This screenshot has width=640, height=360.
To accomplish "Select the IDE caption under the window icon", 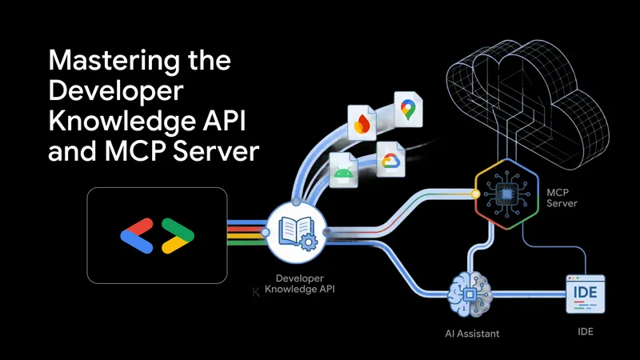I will point(584,330).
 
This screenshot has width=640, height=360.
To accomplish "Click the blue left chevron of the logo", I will point(137,230).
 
